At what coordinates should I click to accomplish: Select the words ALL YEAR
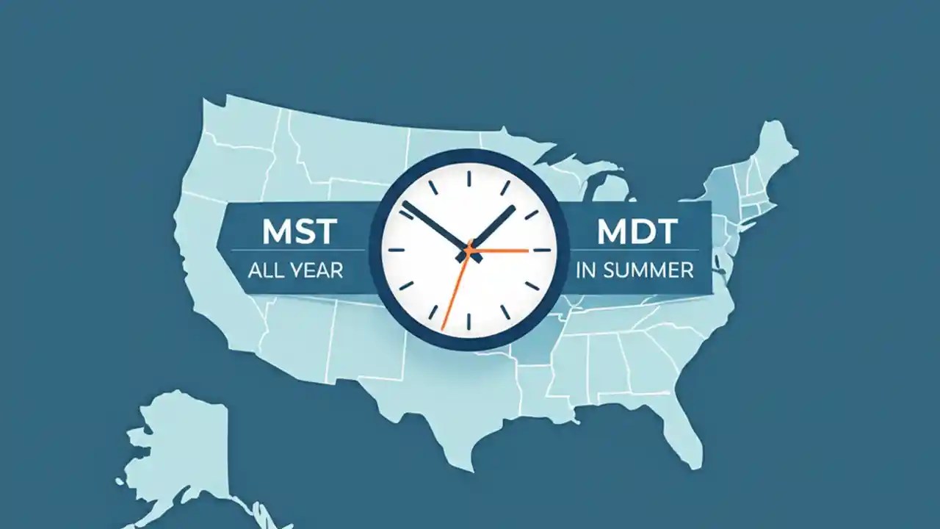[295, 270]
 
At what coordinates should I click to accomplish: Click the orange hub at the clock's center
[468, 251]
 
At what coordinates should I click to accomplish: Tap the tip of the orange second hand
[444, 327]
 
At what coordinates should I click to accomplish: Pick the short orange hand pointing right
[503, 251]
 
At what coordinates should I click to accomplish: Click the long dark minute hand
[433, 224]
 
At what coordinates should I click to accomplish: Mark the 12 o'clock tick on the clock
[468, 177]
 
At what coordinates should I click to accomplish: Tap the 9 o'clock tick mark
[396, 251]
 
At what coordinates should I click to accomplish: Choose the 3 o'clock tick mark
[542, 251]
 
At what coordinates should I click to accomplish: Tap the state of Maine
[775, 147]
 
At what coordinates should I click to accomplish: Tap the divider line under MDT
[636, 251]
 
